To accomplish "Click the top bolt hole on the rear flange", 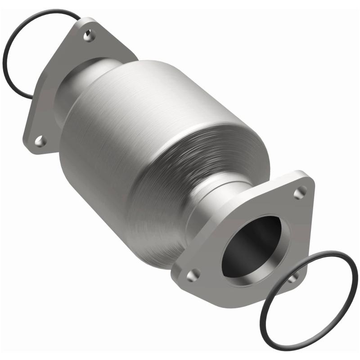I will click(90, 36).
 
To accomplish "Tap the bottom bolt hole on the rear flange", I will click(40, 141).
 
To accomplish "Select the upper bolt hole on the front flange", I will click(300, 193).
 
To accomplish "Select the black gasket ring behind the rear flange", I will click(13, 67).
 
